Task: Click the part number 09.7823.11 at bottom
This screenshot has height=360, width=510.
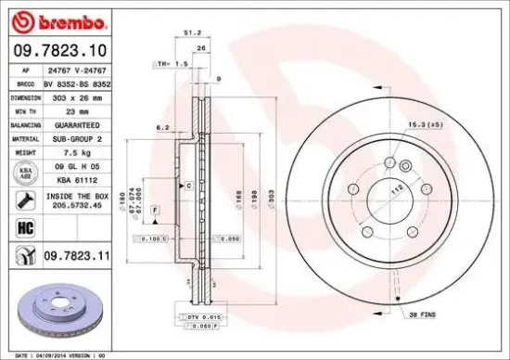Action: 78,253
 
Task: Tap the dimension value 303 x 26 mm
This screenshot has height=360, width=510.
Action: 78,96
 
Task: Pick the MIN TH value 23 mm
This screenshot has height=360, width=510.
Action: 78,109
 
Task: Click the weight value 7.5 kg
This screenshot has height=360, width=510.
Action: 78,151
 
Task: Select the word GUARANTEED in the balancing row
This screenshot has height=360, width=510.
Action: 78,123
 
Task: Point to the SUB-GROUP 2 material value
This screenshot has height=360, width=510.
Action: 78,137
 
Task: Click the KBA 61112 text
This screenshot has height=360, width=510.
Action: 78,180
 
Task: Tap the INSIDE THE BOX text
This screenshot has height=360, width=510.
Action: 78,197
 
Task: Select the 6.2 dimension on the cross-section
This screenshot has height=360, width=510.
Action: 160,126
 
